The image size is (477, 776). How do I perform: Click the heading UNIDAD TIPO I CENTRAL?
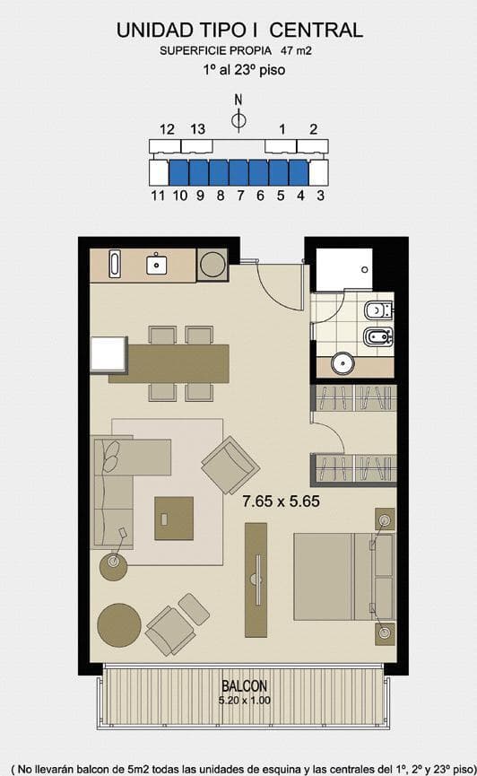[239, 31]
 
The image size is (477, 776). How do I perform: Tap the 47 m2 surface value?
[296, 50]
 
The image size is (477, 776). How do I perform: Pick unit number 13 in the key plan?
[197, 129]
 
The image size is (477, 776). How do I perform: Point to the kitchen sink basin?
[156, 265]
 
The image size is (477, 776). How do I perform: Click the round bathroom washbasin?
[343, 363]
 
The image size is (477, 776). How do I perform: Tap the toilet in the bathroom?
[378, 310]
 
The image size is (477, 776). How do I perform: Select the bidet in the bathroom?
[378, 337]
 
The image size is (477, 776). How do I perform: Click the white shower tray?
[344, 270]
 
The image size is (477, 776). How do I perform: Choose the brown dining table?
[169, 363]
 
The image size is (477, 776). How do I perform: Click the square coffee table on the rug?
[174, 519]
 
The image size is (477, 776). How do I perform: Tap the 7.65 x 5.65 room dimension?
[281, 501]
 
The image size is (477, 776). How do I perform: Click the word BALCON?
[245, 686]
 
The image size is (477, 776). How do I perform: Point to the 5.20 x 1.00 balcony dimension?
[245, 701]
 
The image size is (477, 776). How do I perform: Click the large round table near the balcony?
[118, 625]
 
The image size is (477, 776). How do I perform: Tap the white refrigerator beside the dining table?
[108, 353]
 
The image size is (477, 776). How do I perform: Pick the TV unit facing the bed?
[256, 580]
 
